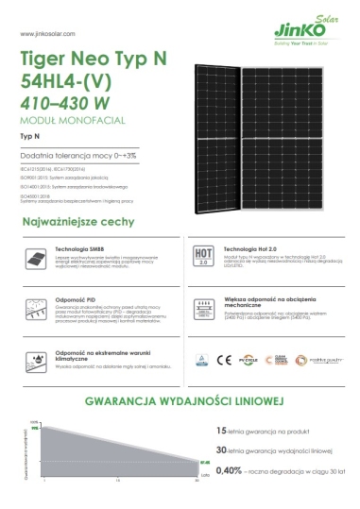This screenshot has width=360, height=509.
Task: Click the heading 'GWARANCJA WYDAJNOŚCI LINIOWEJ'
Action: tap(180, 401)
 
